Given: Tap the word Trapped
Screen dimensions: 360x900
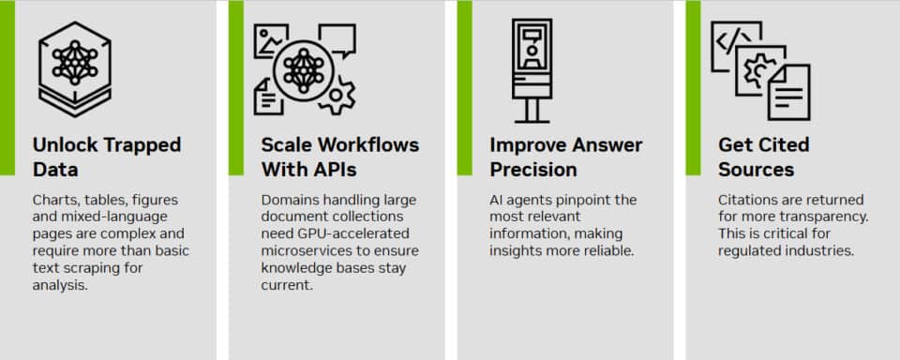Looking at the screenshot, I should click(140, 145).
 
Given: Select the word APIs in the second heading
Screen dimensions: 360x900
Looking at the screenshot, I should click(327, 170).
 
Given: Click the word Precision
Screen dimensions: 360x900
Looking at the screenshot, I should click(532, 170).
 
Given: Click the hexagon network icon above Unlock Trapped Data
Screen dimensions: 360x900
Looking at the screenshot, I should click(74, 63).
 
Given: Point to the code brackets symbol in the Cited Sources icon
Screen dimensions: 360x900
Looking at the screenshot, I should click(732, 40).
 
